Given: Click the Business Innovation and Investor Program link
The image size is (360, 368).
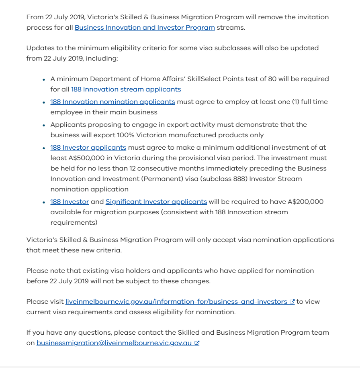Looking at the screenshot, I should pyautogui.click(x=145, y=28).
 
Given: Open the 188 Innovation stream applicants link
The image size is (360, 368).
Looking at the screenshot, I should pyautogui.click(x=126, y=89).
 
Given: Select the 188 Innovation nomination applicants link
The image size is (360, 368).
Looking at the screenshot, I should pyautogui.click(x=112, y=102).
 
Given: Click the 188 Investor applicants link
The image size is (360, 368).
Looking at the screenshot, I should pyautogui.click(x=88, y=148).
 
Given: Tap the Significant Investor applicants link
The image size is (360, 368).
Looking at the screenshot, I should pyautogui.click(x=156, y=202).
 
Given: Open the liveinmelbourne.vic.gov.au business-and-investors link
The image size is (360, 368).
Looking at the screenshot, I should pyautogui.click(x=176, y=302).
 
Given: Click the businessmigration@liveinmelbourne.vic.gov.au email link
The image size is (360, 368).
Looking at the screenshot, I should pyautogui.click(x=114, y=343).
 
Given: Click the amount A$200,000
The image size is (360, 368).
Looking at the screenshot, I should pyautogui.click(x=305, y=202).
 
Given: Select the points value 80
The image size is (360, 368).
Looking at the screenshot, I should pyautogui.click(x=272, y=79).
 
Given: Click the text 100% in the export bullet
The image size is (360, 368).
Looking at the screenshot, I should pyautogui.click(x=125, y=135).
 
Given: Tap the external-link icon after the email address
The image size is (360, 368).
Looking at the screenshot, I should pyautogui.click(x=197, y=343).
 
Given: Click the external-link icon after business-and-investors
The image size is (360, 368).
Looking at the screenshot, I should pyautogui.click(x=292, y=302).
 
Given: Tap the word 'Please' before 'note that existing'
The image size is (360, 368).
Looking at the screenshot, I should pyautogui.click(x=37, y=271).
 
